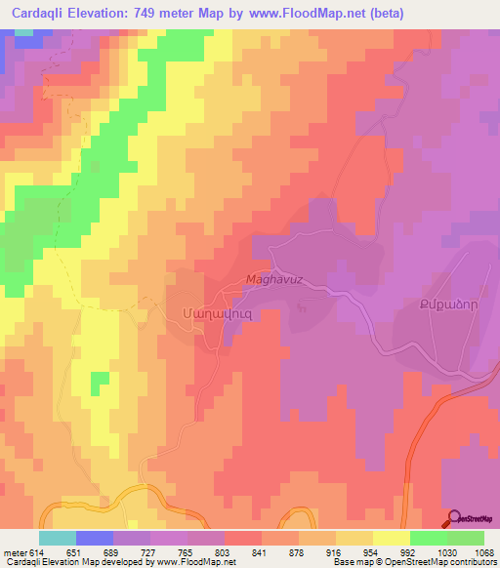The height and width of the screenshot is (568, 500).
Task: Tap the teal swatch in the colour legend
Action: pyautogui.click(x=58, y=538)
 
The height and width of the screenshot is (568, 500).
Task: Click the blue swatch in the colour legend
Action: pyautogui.click(x=95, y=538)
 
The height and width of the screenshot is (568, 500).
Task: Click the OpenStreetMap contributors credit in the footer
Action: pyautogui.click(x=451, y=562)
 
